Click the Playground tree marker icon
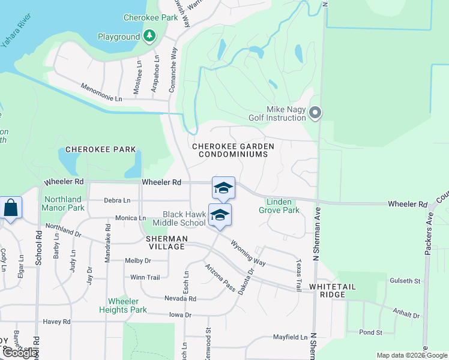149,37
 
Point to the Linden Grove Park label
279,206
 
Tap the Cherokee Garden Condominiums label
233,150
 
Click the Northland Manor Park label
62,203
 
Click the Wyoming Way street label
247,253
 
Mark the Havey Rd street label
56,322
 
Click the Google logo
19,353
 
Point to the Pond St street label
371,332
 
